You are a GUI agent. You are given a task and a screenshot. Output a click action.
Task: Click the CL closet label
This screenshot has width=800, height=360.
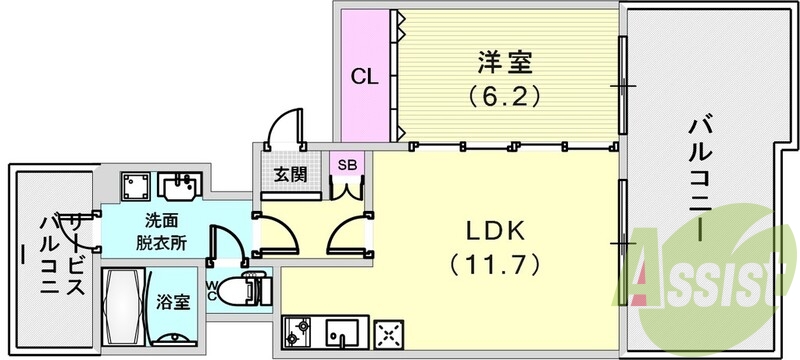point(363,77)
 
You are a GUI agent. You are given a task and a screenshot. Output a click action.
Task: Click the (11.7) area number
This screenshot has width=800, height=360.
point(495,265)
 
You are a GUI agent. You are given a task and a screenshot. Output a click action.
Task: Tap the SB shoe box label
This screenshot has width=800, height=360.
point(347,164)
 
